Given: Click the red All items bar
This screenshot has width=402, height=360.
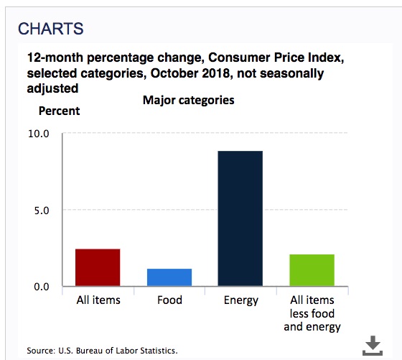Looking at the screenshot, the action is (98, 267).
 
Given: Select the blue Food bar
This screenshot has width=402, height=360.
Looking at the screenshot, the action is (169, 277).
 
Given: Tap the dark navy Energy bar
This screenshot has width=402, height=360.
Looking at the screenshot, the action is (240, 218).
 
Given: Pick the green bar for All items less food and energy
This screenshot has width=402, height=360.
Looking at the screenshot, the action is (312, 270).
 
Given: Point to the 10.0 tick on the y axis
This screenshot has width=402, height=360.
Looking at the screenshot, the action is (39, 134).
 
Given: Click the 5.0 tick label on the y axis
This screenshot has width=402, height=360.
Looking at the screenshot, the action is (42, 211).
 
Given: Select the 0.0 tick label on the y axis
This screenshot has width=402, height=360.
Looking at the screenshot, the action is (42, 287).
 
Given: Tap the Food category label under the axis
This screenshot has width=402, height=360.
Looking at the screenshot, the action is (169, 300).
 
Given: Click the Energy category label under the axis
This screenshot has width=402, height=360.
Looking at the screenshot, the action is (241, 300).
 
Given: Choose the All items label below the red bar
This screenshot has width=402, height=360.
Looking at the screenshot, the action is (98, 300).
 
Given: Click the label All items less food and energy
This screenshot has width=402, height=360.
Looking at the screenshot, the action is (312, 314).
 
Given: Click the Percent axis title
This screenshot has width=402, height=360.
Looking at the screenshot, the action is (59, 111).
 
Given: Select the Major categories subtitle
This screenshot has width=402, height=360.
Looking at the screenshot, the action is (188, 100).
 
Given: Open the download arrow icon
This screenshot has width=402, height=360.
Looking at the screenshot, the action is (373, 346).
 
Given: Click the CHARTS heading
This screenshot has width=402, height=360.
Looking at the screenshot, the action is (51, 29).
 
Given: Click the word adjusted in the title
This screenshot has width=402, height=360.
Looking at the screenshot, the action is (52, 89).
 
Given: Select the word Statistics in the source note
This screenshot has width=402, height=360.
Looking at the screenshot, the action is (157, 351).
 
